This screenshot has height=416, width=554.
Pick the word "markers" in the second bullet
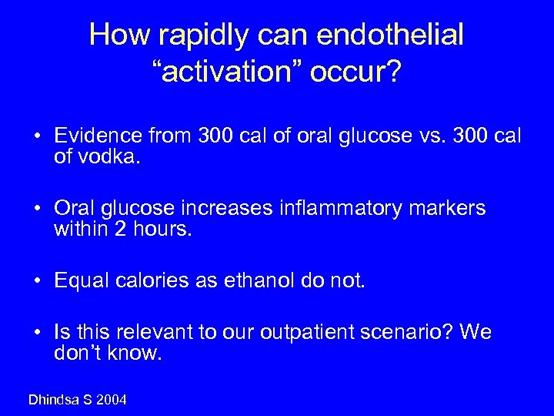448,209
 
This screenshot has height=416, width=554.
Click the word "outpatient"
307,333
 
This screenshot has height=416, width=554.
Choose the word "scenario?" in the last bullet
414,333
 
